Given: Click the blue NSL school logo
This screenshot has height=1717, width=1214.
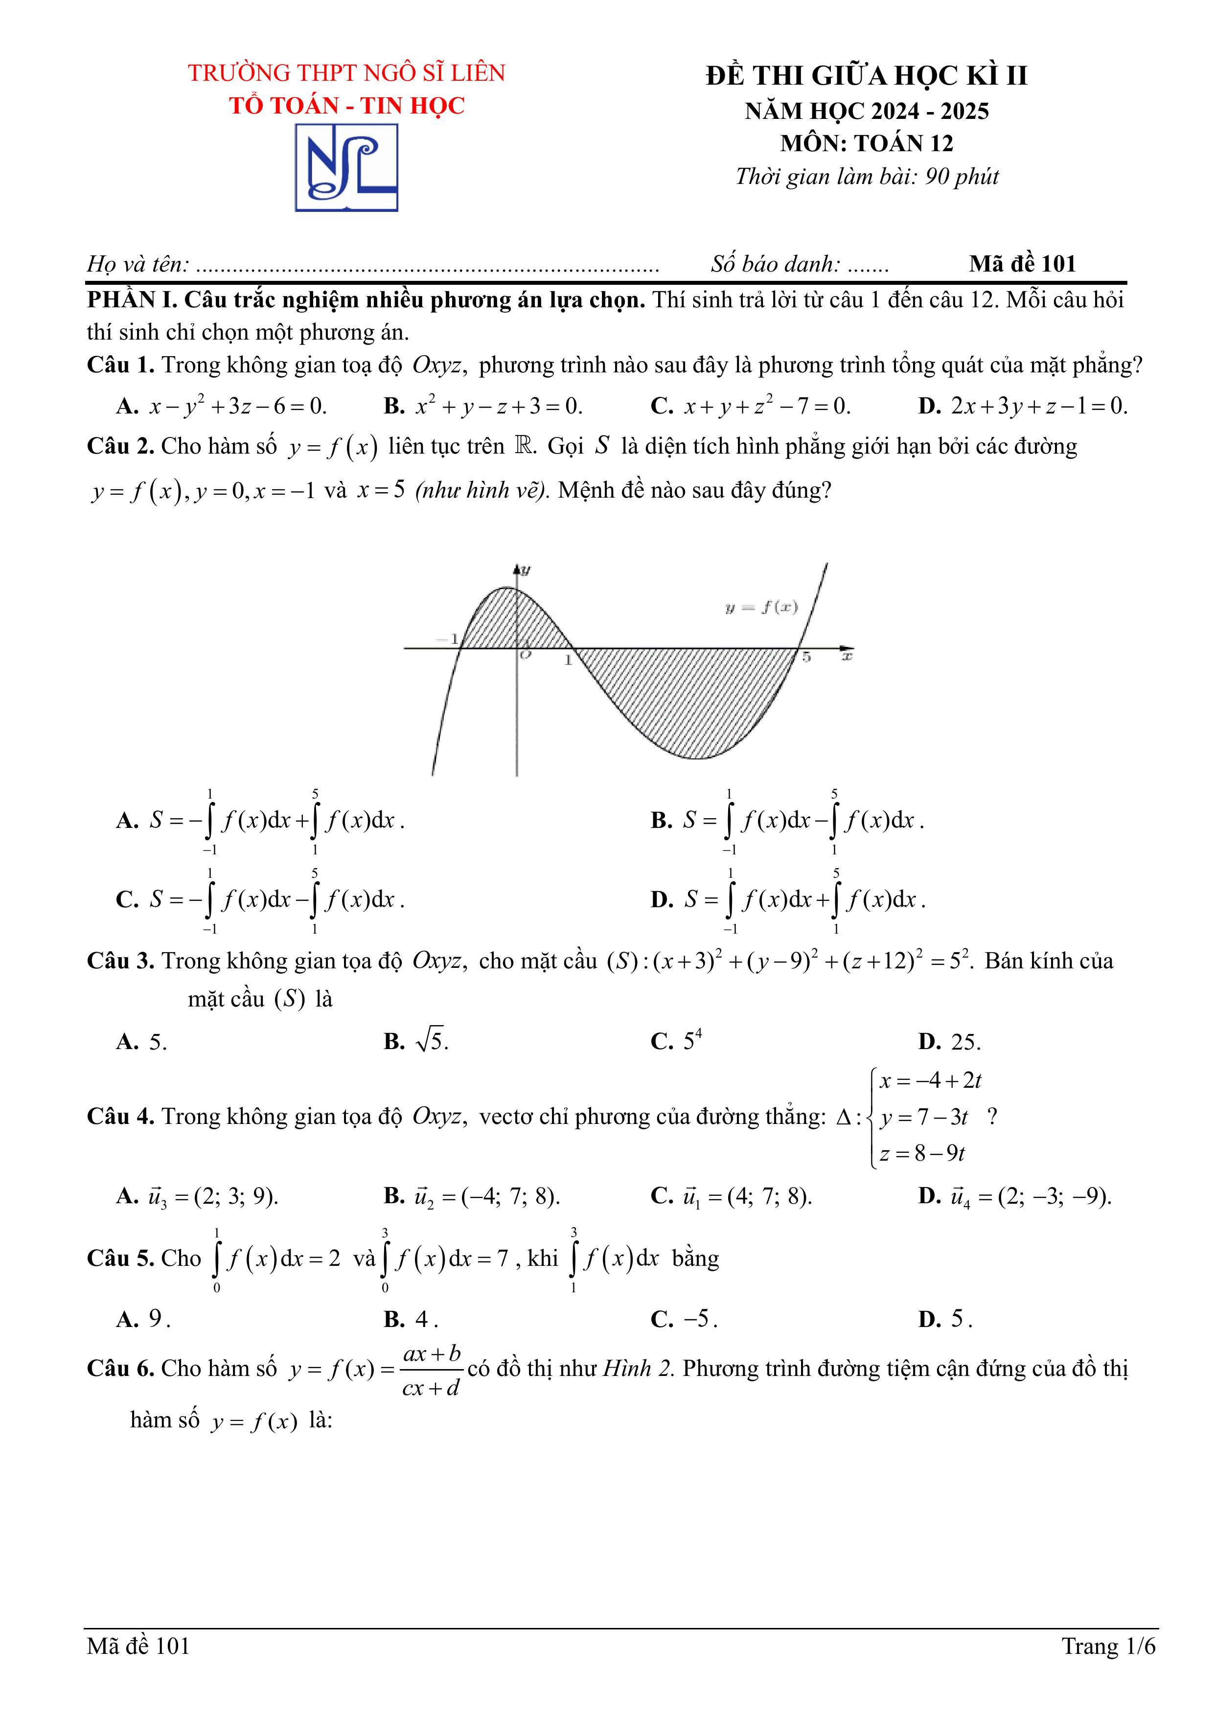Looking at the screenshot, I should tap(346, 167).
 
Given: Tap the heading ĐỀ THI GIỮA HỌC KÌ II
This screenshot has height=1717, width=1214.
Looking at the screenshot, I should tap(866, 75).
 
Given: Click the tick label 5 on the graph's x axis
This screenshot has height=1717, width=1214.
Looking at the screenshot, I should tap(806, 657).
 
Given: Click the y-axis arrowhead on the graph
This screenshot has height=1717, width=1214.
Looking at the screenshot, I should tap(516, 569).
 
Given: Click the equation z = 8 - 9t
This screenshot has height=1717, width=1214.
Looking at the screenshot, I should tap(921, 1153).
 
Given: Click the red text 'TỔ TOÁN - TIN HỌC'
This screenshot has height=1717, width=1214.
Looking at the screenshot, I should tap(346, 105).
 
